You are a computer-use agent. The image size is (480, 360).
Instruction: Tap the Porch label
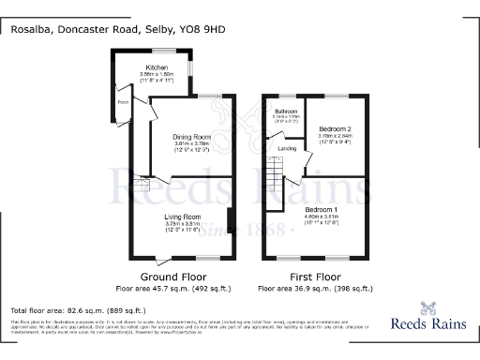(x=122, y=102)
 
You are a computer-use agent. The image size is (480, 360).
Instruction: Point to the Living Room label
(x=178, y=217)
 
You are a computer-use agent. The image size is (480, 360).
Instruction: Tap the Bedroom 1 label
(x=321, y=209)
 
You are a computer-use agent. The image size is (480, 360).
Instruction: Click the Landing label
(x=289, y=149)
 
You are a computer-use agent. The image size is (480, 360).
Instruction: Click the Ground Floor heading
(x=172, y=277)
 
